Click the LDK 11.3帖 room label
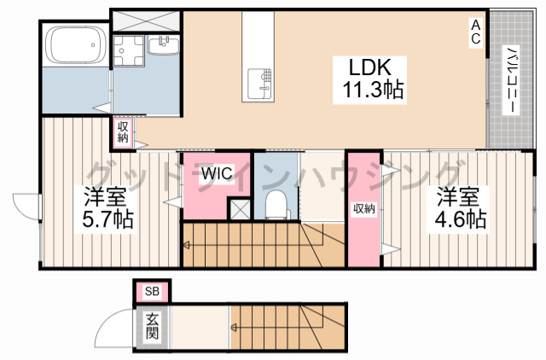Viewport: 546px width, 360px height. point(369,80)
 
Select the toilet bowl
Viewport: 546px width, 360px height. point(277,206)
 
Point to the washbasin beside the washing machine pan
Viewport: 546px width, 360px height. point(164,45)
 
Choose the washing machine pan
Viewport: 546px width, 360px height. point(129,51)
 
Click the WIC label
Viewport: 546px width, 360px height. point(217,173)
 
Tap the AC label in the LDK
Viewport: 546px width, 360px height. point(476,32)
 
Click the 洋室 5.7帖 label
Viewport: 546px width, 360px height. point(107,207)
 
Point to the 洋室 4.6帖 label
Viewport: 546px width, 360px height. point(460,208)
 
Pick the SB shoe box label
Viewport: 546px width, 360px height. point(152,291)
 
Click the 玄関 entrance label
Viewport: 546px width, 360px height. point(152,326)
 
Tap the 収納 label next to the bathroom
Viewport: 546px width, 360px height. point(123,131)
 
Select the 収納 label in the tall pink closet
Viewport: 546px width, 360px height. point(364,208)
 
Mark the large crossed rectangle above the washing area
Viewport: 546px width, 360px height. point(146,20)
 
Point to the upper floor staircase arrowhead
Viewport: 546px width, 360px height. point(186,245)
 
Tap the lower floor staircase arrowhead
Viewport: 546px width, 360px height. point(234,328)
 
